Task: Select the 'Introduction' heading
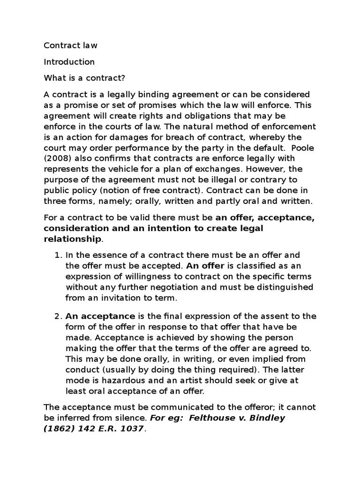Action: (69, 62)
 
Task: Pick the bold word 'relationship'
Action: (72, 239)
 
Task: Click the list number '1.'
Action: (58, 255)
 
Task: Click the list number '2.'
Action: (58, 316)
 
